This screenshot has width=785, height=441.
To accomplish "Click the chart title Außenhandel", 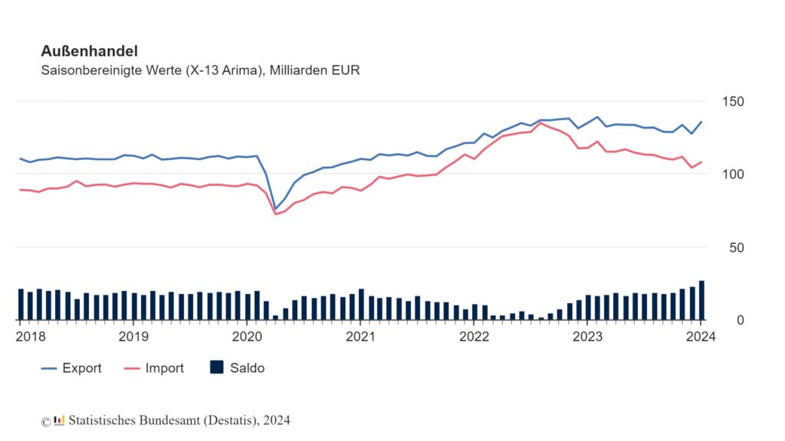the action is tap(89, 51).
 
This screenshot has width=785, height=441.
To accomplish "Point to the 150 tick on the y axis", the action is tap(733, 102).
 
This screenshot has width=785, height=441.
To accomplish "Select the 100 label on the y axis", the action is tap(733, 175).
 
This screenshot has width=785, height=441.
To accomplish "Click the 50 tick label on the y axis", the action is tap(737, 247).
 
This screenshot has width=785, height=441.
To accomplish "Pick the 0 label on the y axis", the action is tap(741, 320).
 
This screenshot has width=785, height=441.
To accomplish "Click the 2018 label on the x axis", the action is tap(31, 337).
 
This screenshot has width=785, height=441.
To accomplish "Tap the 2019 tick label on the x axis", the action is tap(133, 337).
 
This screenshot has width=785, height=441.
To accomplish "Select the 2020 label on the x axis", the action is tap(247, 337).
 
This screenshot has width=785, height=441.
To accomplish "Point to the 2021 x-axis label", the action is tap(360, 337).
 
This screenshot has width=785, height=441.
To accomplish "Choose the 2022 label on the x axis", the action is tap(474, 337).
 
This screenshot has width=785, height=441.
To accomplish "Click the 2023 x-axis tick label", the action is tap(587, 337).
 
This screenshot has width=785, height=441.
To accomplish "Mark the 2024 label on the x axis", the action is tap(701, 337).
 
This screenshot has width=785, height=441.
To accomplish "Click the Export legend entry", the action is tap(71, 368).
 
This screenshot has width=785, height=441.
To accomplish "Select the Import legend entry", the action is tap(154, 368).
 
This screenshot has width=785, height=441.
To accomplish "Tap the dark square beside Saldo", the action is tap(217, 367).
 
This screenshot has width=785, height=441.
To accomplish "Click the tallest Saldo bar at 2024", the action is tap(701, 300).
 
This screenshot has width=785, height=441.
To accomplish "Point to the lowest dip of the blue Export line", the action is tap(275, 209).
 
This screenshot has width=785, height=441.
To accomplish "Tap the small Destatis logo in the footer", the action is tap(59, 420).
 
